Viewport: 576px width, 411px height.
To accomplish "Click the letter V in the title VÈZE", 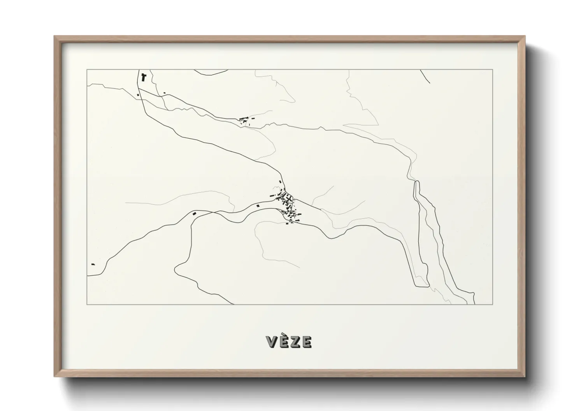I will click(272, 342).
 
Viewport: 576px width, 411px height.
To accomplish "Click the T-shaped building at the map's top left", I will click(144, 77).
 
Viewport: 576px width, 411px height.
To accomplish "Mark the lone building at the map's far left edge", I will click(93, 264).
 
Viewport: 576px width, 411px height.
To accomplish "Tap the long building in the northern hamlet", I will click(243, 118).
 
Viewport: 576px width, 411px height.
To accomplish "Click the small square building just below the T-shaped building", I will click(138, 95).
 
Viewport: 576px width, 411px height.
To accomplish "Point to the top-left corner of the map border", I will click(87, 70).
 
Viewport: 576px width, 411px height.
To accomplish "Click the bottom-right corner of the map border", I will click(492, 304).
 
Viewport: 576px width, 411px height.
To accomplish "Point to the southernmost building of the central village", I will click(287, 223).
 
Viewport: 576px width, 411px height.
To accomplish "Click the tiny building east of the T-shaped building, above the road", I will click(165, 92).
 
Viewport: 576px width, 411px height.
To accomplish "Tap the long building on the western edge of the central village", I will click(258, 205).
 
